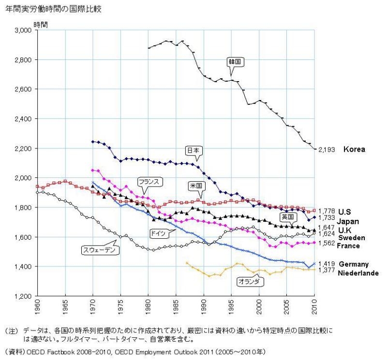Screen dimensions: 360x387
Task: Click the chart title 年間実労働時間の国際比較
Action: point(53,9)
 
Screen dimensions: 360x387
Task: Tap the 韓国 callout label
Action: point(235,62)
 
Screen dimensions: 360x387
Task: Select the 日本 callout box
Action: point(193,151)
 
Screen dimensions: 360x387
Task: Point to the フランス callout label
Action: point(149,182)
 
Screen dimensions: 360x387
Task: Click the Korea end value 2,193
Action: point(326,150)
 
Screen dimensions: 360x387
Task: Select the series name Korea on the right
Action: point(354,150)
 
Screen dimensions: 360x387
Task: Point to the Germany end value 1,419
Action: point(326,264)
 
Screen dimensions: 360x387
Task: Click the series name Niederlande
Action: point(358,273)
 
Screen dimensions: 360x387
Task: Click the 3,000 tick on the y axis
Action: point(22,30)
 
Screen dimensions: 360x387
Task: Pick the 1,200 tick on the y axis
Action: point(22,296)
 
